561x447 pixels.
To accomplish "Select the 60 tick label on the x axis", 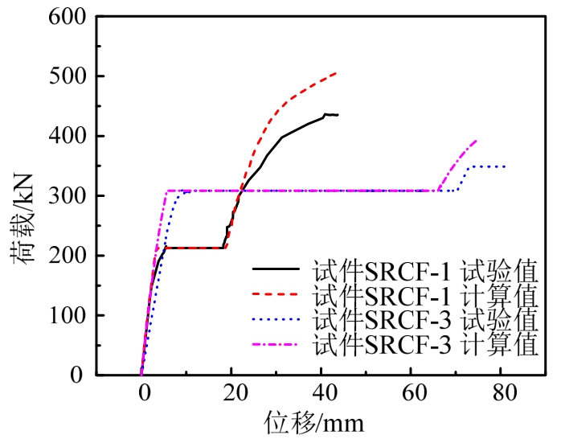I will [412, 393].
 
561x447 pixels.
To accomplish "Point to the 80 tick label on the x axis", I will [503, 393].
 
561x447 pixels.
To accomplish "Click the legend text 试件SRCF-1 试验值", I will [425, 269].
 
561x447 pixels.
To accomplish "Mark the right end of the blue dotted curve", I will [505, 166].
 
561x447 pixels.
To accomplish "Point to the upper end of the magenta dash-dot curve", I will [476, 141].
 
